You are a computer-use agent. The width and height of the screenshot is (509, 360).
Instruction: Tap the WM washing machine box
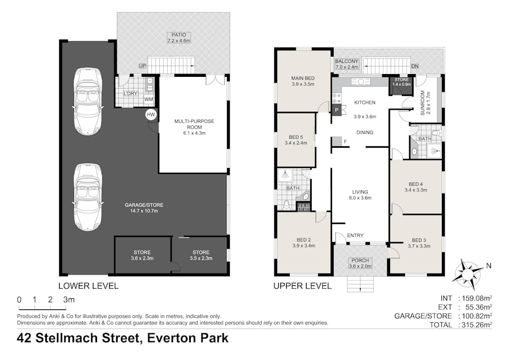149,100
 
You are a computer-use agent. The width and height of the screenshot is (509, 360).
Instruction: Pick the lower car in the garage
87,197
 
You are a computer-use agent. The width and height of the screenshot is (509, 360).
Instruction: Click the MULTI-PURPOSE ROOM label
194,125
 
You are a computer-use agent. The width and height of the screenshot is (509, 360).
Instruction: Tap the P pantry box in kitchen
337,110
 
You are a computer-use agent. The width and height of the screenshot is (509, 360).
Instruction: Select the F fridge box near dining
337,141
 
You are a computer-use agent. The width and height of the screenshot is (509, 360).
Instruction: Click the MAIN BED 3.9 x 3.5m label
303,81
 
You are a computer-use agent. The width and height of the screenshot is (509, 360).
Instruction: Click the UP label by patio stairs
142,65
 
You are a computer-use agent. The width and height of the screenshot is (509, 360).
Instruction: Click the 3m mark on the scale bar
68,300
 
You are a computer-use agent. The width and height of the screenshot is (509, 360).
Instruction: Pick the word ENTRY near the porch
355,236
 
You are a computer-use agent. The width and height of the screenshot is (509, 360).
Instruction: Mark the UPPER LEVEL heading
302,286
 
